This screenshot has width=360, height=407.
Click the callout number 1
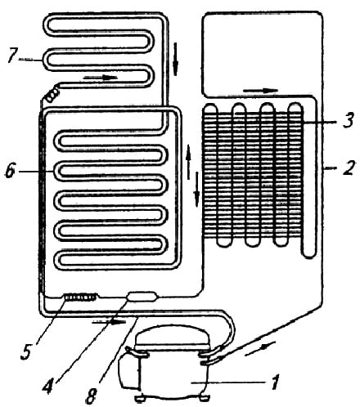[x=276, y=382]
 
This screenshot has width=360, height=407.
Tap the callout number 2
[x=349, y=168]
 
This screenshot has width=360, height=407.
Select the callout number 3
[x=348, y=120]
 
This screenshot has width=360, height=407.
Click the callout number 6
[x=10, y=171]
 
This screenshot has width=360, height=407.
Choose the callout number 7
[x=12, y=56]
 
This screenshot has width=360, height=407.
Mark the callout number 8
[x=92, y=396]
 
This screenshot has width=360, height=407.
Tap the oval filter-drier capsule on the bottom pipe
[x=142, y=296]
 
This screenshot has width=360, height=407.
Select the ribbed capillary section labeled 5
[x=80, y=297]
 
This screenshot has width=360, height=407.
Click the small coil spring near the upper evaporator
[x=52, y=95]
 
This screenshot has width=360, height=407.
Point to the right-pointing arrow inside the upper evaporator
[x=101, y=78]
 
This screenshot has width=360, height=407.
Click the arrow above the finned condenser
[x=260, y=91]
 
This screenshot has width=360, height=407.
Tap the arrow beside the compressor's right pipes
[x=260, y=347]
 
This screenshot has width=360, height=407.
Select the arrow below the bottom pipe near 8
[x=109, y=322]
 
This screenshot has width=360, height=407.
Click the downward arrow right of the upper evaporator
[x=176, y=59]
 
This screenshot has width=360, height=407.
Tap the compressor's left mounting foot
[x=141, y=399]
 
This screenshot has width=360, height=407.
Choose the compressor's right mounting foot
[x=203, y=398]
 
